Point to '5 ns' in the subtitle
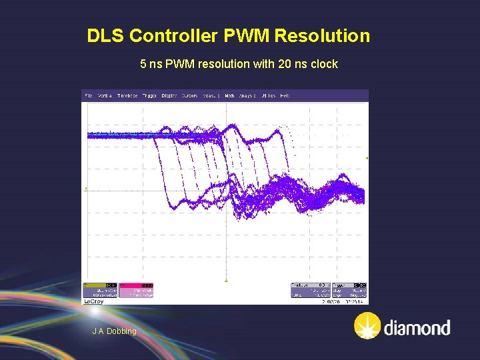pyautogui.click(x=151, y=65)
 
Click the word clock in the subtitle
pyautogui.click(x=324, y=65)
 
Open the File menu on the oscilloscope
pyautogui.click(x=88, y=96)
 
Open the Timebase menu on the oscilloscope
pyautogui.click(x=127, y=96)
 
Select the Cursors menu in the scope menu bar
pyautogui.click(x=189, y=96)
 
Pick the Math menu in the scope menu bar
pyautogui.click(x=229, y=96)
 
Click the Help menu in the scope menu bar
pyautogui.click(x=285, y=96)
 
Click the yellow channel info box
pyautogui.click(x=99, y=289)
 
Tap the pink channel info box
pyautogui.click(x=137, y=289)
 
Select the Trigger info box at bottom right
pyautogui.click(x=351, y=289)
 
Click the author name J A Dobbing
pyautogui.click(x=114, y=331)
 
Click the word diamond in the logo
pyautogui.click(x=417, y=328)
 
